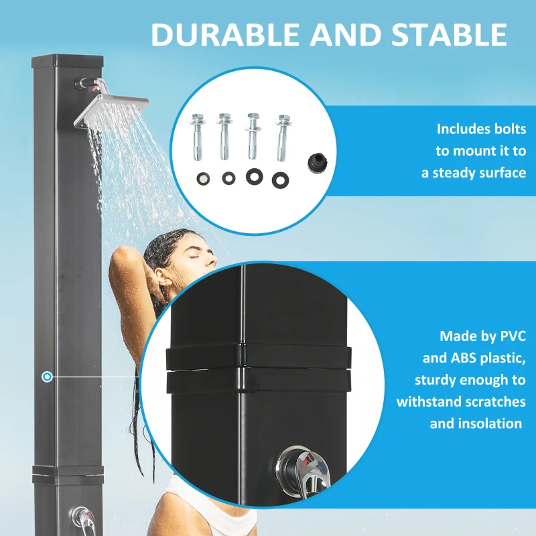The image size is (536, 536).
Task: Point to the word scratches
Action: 492,401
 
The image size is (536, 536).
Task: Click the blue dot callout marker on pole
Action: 47,377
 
